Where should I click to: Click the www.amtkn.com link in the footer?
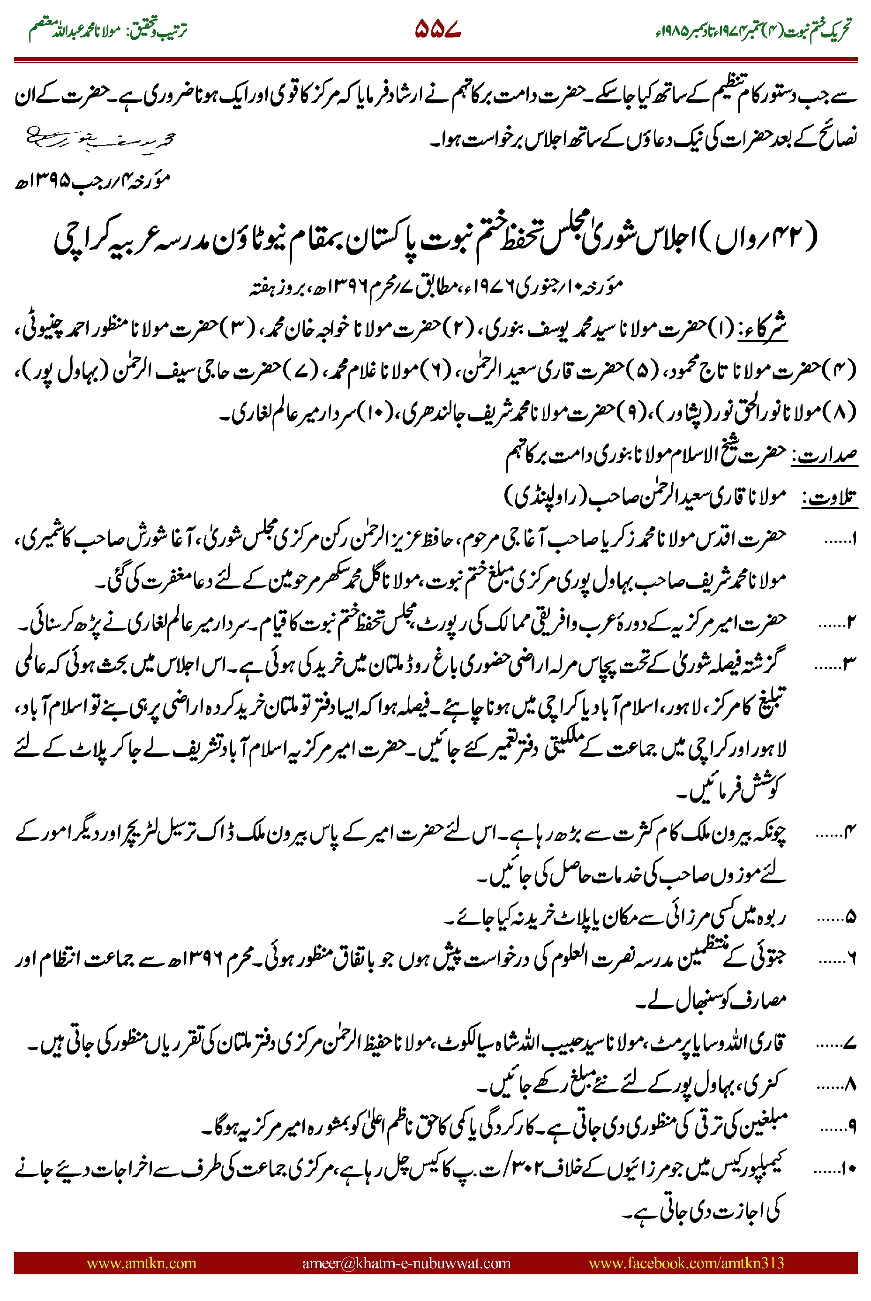pos(141,1263)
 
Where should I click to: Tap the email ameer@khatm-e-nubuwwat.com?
pos(406,1263)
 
